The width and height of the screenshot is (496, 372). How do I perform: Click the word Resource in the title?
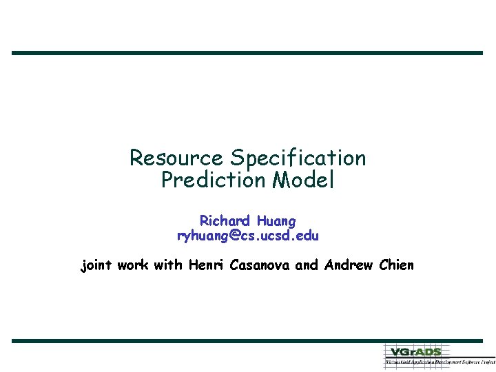[x=176, y=158]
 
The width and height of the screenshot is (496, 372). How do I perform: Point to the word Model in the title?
[x=303, y=180]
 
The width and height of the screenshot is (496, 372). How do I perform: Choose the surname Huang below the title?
[x=276, y=221]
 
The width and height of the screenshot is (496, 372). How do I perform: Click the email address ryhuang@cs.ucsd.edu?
[x=248, y=236]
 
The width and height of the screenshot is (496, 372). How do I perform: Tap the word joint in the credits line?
[x=97, y=265]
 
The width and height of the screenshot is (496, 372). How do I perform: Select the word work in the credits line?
[x=133, y=265]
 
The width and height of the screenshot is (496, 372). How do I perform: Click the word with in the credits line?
[x=168, y=265]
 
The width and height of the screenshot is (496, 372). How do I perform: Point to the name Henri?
[x=207, y=265]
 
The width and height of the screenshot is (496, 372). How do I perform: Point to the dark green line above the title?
[x=247, y=53]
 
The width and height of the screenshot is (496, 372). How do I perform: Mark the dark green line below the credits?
[x=247, y=340]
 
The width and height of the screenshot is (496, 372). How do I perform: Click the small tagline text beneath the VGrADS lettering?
[x=439, y=361]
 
